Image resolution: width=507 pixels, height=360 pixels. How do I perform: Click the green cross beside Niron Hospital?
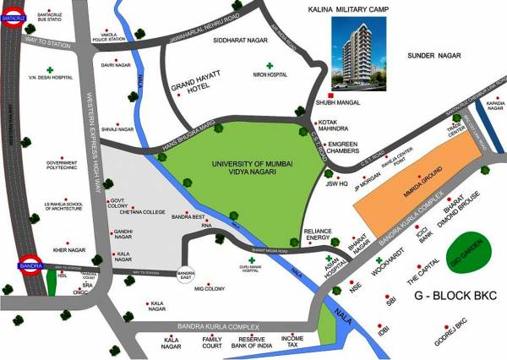[270, 65]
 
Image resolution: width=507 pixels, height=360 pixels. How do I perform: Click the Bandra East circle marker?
[187, 272]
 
